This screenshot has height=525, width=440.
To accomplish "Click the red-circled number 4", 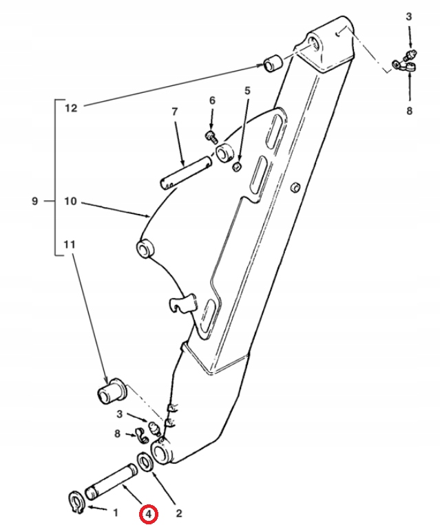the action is click(x=149, y=514).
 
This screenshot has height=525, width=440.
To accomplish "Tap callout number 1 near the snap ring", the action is click(x=116, y=513).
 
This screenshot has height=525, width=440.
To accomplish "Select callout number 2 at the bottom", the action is click(x=178, y=513).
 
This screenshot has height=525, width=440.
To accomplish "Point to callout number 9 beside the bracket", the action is click(x=35, y=201).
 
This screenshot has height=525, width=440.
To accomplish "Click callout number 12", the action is click(x=71, y=108).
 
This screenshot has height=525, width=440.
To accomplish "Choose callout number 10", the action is click(x=70, y=201).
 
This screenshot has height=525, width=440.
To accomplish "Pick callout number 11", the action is click(x=70, y=244).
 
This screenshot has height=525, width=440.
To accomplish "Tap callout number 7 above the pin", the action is click(x=175, y=111).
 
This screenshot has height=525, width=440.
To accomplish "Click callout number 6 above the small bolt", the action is click(x=212, y=100).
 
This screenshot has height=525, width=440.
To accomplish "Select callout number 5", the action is click(x=247, y=90).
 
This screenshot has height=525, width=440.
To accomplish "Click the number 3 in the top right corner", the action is click(x=409, y=17).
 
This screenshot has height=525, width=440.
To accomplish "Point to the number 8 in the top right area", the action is click(x=409, y=111).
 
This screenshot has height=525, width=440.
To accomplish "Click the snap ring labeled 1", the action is click(x=76, y=500).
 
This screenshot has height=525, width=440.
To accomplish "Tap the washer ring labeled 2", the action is click(x=145, y=462).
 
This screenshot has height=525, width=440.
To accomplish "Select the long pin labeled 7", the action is click(x=185, y=173).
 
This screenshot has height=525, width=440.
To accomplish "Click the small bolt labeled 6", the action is click(x=211, y=137).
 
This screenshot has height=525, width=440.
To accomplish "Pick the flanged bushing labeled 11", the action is click(x=112, y=391).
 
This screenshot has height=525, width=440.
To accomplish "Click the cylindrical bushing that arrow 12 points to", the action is click(x=273, y=63).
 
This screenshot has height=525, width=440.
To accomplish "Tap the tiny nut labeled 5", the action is click(x=238, y=167).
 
